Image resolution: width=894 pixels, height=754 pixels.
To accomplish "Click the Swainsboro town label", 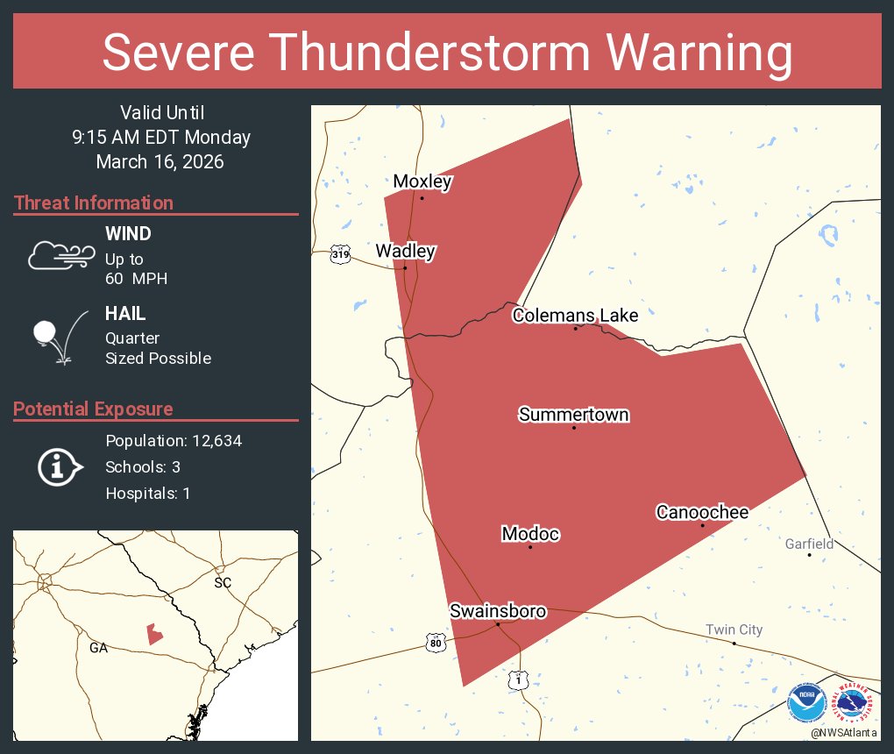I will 498,611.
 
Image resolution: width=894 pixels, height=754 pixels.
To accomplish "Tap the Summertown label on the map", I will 574,415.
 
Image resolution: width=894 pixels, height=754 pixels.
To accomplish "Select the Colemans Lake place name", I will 575,316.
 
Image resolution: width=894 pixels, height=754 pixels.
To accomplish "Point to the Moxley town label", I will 422,182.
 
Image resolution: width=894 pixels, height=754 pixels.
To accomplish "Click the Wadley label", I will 405,252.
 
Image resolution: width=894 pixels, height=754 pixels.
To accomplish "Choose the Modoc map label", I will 530,534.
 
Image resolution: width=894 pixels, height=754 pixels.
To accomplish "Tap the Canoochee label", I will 702,512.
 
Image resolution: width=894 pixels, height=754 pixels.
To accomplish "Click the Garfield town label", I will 809,544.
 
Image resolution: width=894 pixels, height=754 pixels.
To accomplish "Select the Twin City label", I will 734,630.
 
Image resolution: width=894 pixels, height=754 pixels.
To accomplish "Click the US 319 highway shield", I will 341,255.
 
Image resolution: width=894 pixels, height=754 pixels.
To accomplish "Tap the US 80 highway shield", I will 436,643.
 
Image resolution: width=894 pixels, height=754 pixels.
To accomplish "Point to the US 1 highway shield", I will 519,679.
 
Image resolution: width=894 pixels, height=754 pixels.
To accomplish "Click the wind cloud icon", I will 60,255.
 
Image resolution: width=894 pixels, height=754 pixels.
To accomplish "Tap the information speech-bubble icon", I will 60,466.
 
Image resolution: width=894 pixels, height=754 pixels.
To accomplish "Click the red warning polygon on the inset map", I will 154,634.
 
